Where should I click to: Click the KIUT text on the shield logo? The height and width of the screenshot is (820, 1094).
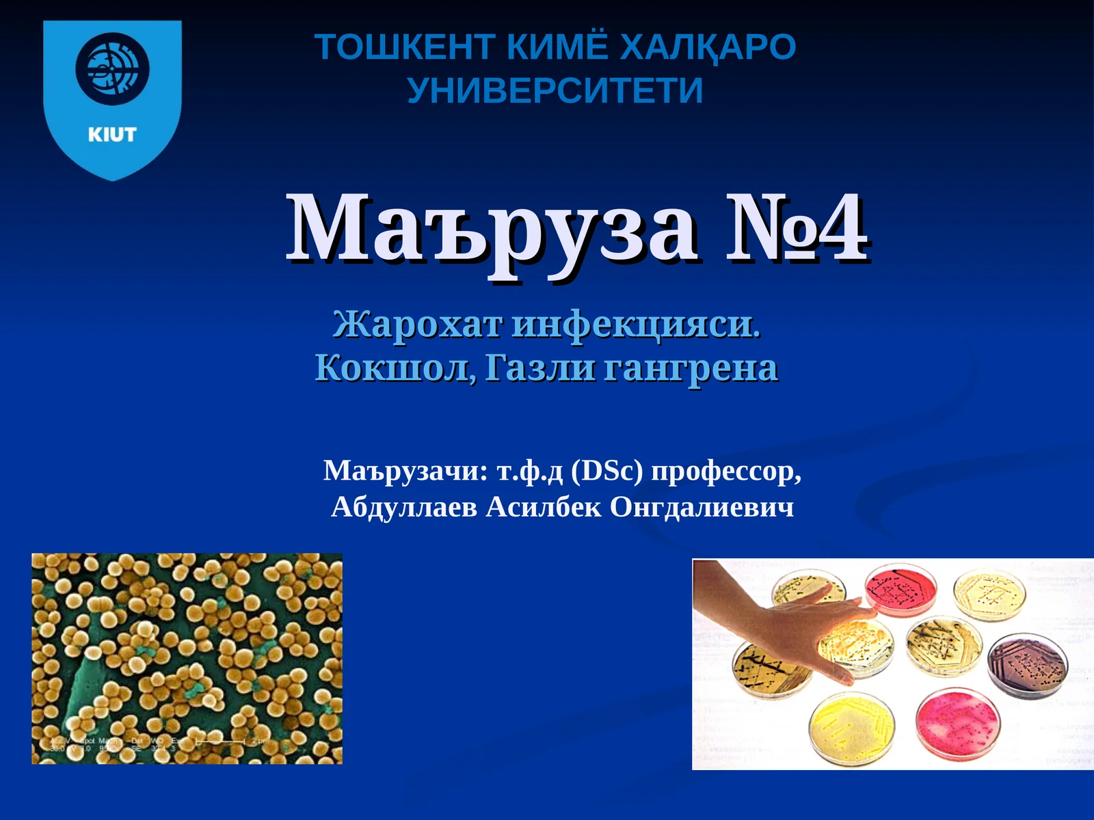pyautogui.click(x=112, y=135)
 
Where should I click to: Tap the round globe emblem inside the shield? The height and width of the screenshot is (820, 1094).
pyautogui.click(x=112, y=69)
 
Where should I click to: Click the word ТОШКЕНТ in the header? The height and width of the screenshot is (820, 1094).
pyautogui.click(x=405, y=47)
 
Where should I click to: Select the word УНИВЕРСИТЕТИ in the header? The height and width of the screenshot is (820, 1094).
pyautogui.click(x=555, y=90)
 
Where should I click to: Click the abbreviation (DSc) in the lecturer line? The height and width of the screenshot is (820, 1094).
pyautogui.click(x=606, y=471)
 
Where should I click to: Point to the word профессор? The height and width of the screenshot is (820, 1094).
pyautogui.click(x=726, y=471)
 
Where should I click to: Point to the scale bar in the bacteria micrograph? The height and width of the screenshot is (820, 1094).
pyautogui.click(x=220, y=741)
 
